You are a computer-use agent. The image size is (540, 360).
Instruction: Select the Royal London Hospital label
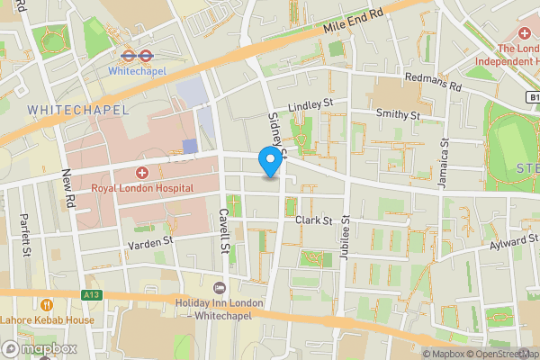pyautogui.click(x=142, y=187)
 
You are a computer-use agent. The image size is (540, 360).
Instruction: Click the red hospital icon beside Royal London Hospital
pyautogui.click(x=141, y=172)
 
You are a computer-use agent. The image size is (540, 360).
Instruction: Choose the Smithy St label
pyautogui.click(x=398, y=115)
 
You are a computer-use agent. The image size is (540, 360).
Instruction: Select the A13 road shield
pyautogui.click(x=91, y=293)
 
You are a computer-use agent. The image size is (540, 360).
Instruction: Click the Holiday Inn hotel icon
pyautogui.click(x=219, y=287)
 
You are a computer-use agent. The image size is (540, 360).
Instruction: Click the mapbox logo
pyautogui.click(x=40, y=348)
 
